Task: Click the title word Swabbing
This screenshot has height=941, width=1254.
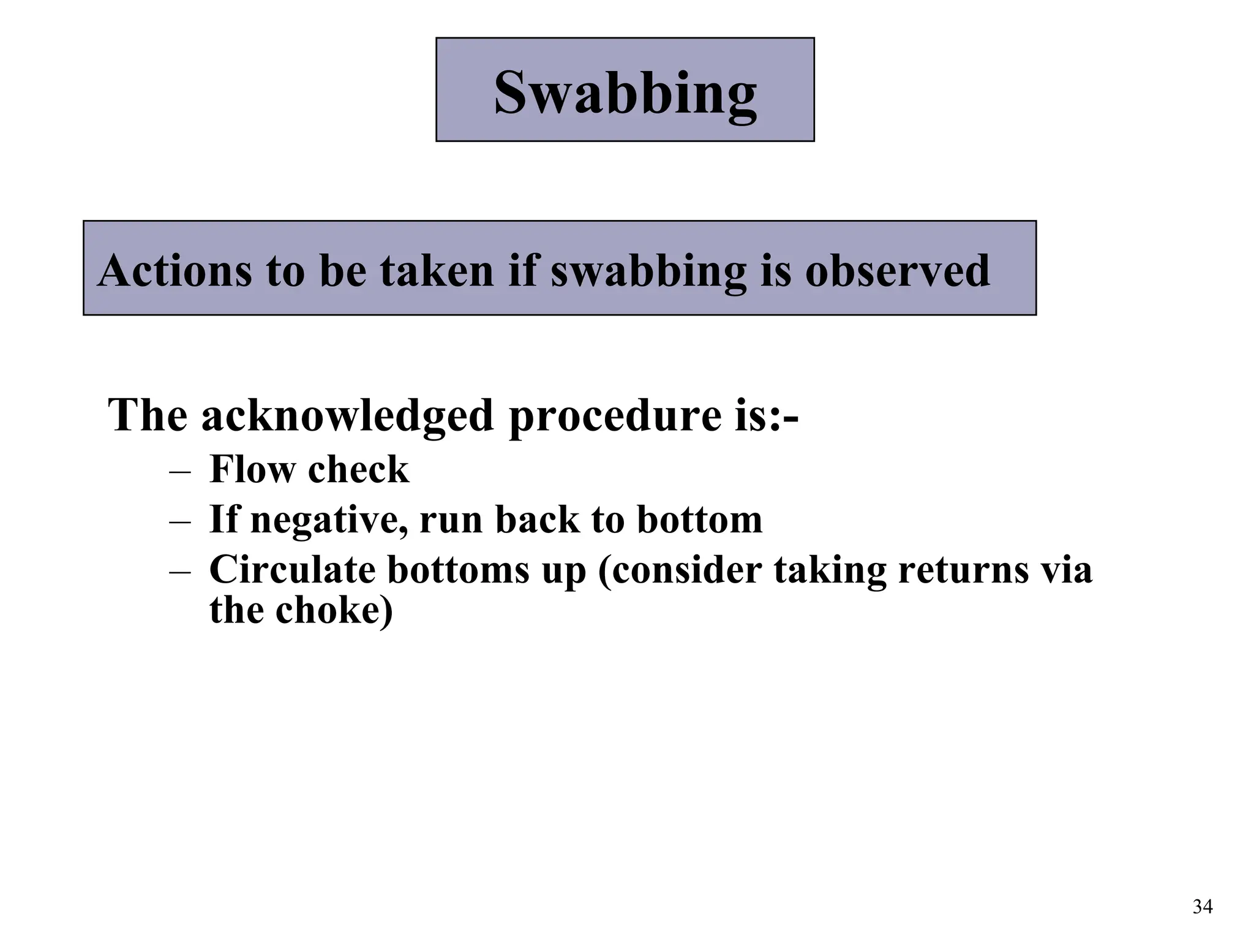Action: pos(625,93)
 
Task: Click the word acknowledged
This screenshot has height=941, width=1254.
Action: pos(347,416)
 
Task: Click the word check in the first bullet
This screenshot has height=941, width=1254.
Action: pos(358,470)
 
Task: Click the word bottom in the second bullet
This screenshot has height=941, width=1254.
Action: pos(700,520)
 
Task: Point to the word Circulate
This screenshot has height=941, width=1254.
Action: pos(292,569)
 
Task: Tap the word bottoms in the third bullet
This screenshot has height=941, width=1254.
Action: pos(459,569)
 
